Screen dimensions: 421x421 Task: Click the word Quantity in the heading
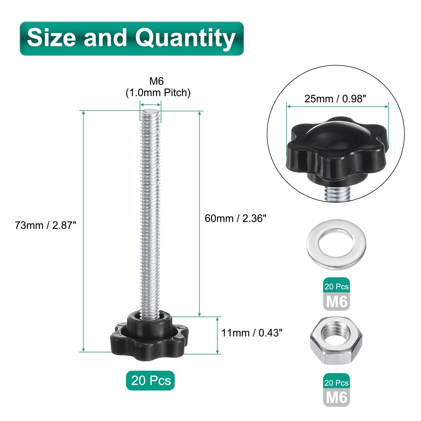(x=185, y=38)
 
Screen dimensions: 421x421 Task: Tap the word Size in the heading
(x=51, y=37)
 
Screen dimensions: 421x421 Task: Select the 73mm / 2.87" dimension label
(x=46, y=225)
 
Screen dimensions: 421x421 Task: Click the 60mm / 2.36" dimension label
(x=235, y=218)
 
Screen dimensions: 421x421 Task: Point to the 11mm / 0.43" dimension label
(x=252, y=333)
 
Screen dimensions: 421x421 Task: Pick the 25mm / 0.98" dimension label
(x=335, y=99)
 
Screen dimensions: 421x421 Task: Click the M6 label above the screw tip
(x=157, y=81)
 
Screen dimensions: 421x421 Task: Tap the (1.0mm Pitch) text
(x=158, y=93)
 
